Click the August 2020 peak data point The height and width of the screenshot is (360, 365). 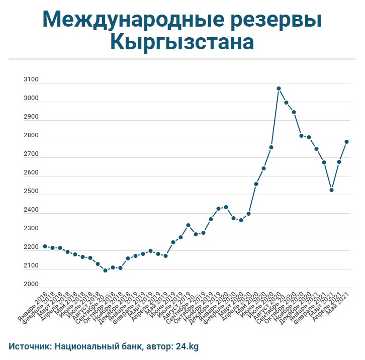[x=279, y=88]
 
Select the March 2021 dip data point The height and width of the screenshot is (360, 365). [x=332, y=190]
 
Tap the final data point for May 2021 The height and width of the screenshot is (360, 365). [x=346, y=142]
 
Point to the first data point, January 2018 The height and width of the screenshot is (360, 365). [x=45, y=246]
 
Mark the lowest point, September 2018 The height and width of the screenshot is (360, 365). [x=105, y=271]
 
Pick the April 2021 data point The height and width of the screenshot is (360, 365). [x=339, y=162]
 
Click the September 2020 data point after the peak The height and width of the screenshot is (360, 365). [x=286, y=103]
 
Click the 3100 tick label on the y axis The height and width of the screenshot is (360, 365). [x=31, y=80]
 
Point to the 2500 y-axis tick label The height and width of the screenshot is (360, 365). [x=31, y=192]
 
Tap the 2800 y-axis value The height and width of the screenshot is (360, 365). [x=31, y=136]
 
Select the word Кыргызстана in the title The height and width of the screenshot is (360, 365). [x=182, y=42]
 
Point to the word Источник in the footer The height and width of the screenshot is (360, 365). [x=29, y=346]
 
